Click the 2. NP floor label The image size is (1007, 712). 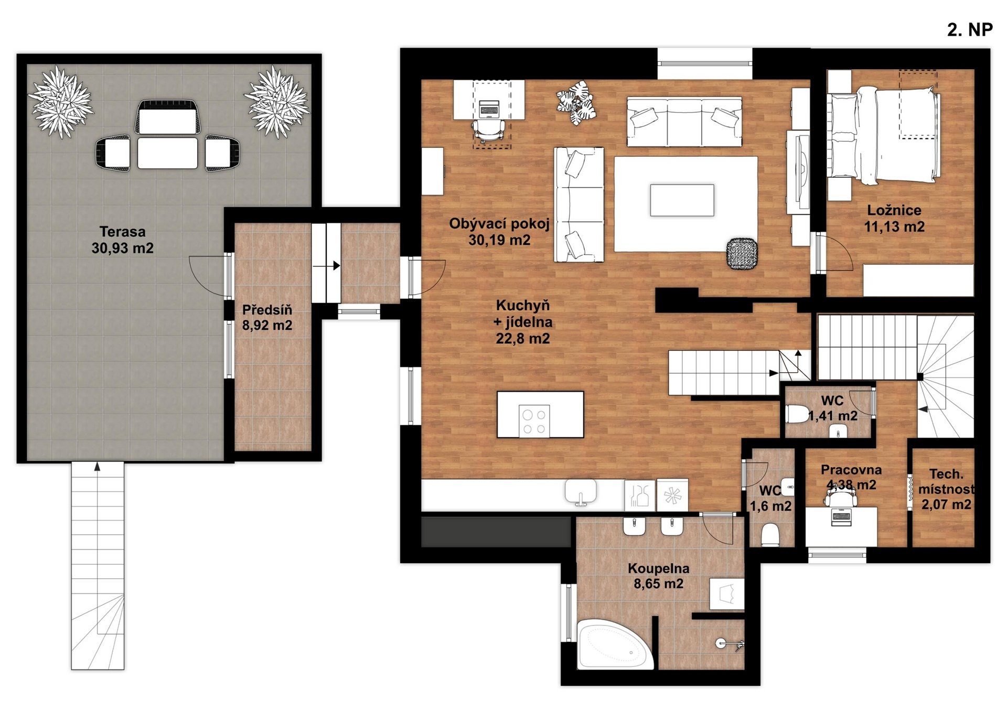click(x=969, y=30)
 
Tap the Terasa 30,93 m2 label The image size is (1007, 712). click(x=123, y=240)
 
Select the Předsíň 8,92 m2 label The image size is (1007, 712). click(x=267, y=317)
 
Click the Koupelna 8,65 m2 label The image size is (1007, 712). click(x=658, y=576)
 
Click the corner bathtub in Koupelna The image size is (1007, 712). click(x=615, y=644)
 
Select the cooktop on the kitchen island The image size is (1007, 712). click(x=534, y=421)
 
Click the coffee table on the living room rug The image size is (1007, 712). click(x=682, y=200)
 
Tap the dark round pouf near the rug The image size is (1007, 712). click(x=742, y=254)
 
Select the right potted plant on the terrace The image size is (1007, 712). click(x=276, y=102)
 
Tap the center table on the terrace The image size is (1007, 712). click(x=167, y=153)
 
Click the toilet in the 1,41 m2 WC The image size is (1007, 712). click(x=797, y=414)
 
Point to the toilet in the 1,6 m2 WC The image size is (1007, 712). click(x=770, y=535)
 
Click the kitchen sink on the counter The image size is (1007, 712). click(x=581, y=492)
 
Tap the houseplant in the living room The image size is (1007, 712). click(x=576, y=102)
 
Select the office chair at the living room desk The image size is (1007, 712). click(x=490, y=130)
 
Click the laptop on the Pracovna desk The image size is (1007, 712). click(x=841, y=516)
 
